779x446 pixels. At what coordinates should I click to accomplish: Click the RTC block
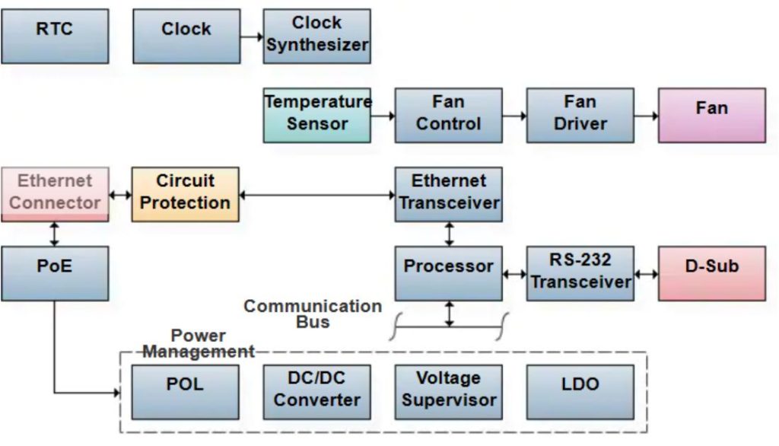pos(55,36)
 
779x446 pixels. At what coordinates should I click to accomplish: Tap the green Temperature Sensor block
pos(316,115)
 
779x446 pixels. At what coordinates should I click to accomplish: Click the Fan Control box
pos(448,115)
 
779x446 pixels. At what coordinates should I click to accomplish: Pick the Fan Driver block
pos(580,115)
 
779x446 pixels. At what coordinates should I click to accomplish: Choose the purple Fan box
pos(711,115)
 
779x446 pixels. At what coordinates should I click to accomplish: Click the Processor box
pos(448,272)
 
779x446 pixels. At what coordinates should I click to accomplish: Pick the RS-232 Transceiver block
pos(580,272)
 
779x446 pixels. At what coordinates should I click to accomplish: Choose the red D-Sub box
pos(711,272)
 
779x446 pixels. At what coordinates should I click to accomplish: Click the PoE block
pos(55,272)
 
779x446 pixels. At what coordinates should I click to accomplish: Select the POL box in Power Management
pos(185,391)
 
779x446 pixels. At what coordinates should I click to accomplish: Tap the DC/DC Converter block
pos(316,391)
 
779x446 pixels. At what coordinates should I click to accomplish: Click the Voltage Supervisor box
pos(448,391)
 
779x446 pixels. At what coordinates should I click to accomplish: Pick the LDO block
pos(580,391)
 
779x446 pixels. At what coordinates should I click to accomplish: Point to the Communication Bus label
pos(312,314)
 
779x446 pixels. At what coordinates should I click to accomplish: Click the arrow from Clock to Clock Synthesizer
pos(251,36)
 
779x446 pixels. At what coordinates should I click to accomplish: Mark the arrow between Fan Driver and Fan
pos(646,116)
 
